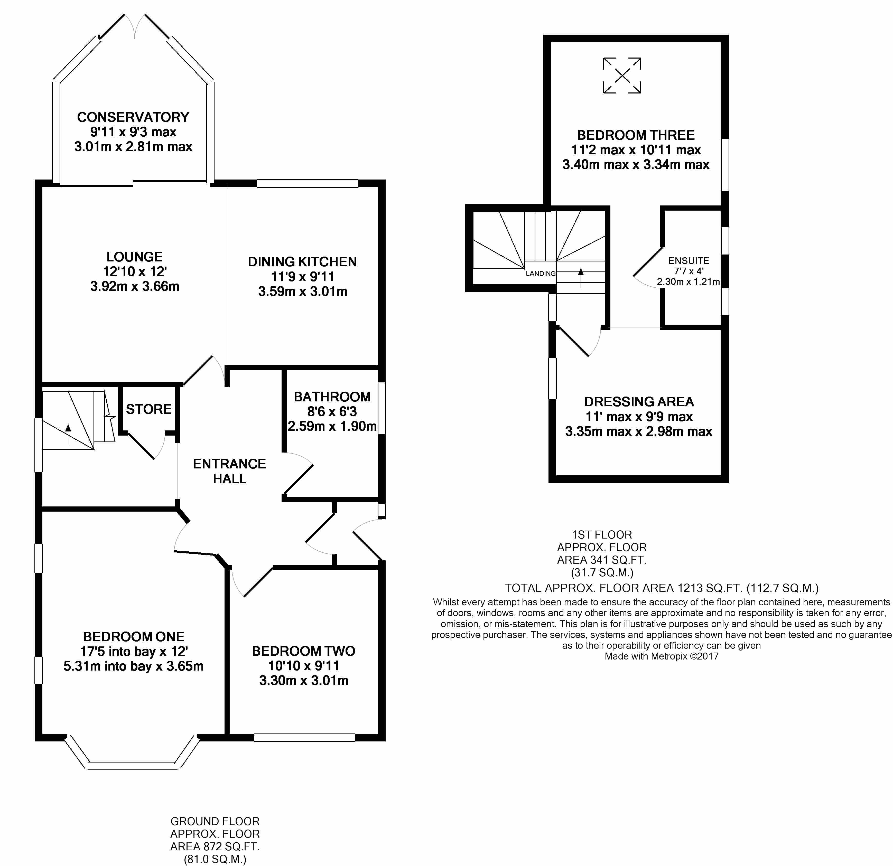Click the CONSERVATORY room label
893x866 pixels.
(x=133, y=117)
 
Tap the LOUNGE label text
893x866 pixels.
(x=134, y=257)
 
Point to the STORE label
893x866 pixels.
(x=148, y=409)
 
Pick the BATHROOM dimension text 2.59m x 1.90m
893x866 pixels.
(x=332, y=426)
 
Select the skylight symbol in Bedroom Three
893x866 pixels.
(x=622, y=76)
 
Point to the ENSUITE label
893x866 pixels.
(x=689, y=261)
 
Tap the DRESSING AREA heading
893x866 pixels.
(x=639, y=402)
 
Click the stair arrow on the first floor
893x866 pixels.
(x=580, y=278)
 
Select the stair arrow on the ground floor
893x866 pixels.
(x=68, y=434)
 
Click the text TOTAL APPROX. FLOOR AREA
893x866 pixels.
(x=589, y=588)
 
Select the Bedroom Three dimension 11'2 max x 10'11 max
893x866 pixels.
(x=636, y=150)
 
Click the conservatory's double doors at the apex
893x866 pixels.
(x=134, y=26)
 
